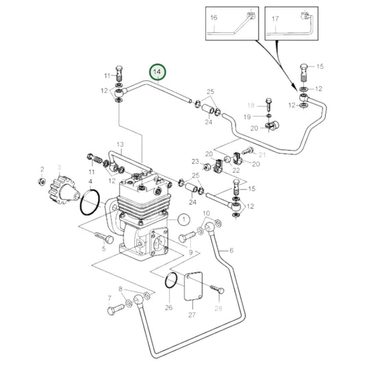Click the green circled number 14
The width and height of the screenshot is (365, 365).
pos(158,71)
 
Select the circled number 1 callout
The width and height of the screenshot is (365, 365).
pos(183,220)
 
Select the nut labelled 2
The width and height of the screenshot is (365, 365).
pos(42,184)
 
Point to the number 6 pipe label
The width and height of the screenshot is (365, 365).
pos(231,251)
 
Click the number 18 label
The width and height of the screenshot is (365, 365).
pos(251,105)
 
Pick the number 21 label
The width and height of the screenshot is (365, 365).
pos(261,156)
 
